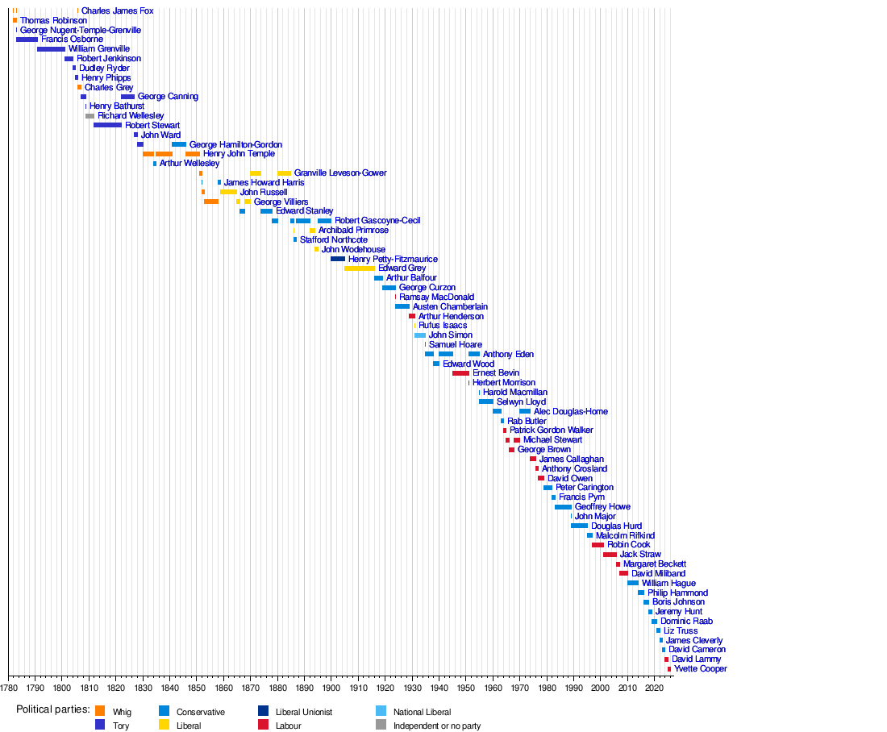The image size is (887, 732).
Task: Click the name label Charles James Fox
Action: (117, 10)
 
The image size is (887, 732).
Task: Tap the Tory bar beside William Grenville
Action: (51, 49)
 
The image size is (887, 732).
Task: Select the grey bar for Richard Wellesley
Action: (90, 116)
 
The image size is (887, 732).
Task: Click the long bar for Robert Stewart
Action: (107, 125)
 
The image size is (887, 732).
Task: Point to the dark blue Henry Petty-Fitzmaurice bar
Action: (338, 259)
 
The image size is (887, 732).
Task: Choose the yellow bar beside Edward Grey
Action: (359, 268)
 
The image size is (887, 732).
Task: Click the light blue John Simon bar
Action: (420, 335)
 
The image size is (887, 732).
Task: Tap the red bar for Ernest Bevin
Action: (461, 373)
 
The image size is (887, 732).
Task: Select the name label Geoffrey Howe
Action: (602, 507)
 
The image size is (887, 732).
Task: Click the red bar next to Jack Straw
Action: (610, 555)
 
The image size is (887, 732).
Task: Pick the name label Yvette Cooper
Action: (700, 668)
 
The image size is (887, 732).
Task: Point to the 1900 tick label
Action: (331, 688)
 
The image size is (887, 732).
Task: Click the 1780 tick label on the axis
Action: (9, 688)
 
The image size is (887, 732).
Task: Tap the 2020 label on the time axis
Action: (654, 688)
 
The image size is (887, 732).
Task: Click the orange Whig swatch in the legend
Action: (100, 711)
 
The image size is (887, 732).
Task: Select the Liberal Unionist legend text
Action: (304, 712)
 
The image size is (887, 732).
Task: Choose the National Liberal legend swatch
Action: (381, 711)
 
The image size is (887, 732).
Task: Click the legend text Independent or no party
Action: (437, 726)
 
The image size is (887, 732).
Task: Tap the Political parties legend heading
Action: (53, 709)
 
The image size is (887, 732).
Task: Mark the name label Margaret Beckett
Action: (655, 564)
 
